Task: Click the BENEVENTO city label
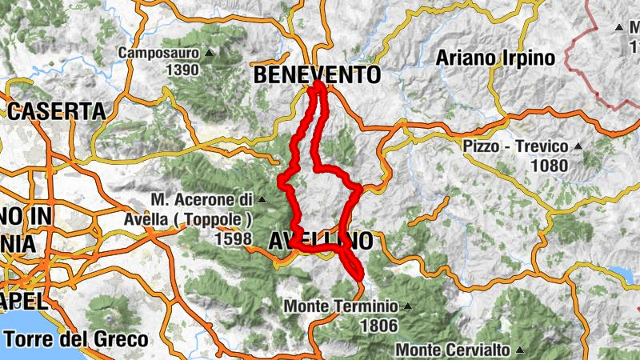pyautogui.click(x=317, y=74)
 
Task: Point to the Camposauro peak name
pyautogui.click(x=158, y=54)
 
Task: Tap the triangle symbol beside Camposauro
pyautogui.click(x=210, y=54)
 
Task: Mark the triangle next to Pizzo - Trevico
pyautogui.click(x=577, y=147)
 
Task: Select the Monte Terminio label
pyautogui.click(x=340, y=306)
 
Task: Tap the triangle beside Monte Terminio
pyautogui.click(x=407, y=306)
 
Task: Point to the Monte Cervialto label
pyautogui.click(x=452, y=350)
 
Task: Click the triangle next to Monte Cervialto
pyautogui.click(x=519, y=350)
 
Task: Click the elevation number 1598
pyautogui.click(x=232, y=238)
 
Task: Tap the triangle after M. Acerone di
pyautogui.click(x=262, y=198)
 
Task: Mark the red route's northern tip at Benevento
pyautogui.click(x=318, y=84)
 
